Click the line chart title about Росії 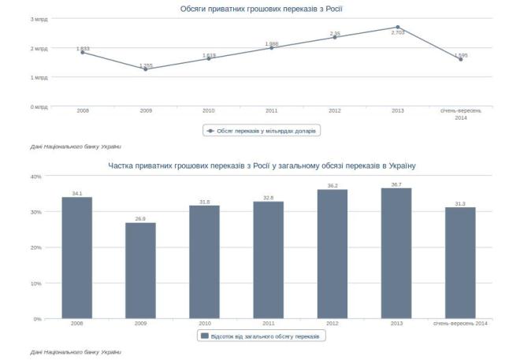tap(261, 9)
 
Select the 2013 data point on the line tap(398, 27)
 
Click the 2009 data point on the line tap(146, 69)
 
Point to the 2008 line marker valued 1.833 tap(83, 52)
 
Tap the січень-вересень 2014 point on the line tap(461, 59)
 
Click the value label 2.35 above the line tap(335, 33)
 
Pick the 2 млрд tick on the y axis tap(39, 48)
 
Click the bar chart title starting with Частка tap(261, 166)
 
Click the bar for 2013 tap(396, 253)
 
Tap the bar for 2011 tap(268, 260)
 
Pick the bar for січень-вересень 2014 tap(460, 262)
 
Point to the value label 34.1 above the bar tap(76, 193)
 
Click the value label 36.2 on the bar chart tap(332, 186)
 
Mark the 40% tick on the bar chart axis tap(35, 176)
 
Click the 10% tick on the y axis tap(35, 283)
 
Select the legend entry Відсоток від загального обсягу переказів tap(262, 336)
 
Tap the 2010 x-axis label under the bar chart tap(204, 324)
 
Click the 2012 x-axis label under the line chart tap(335, 111)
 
